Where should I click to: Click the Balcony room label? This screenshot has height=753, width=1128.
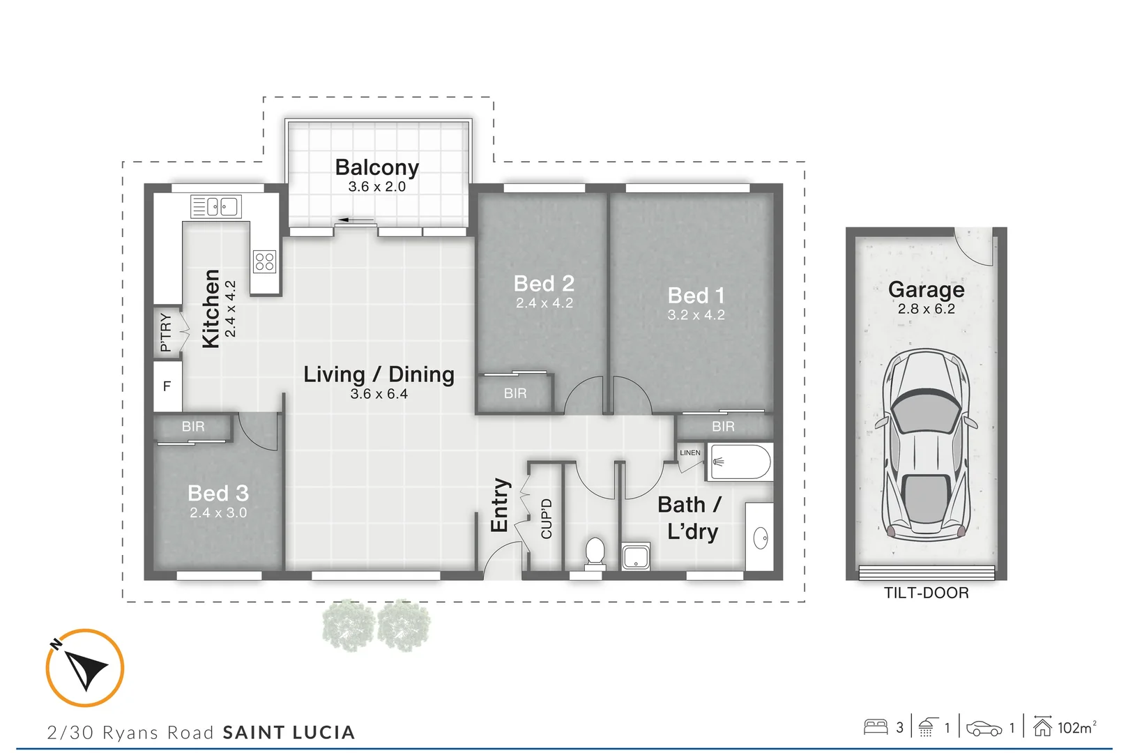click(x=376, y=167)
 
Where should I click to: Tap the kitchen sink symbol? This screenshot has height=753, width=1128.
click(x=216, y=206)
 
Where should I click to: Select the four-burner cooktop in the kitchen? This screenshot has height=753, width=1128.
click(x=265, y=261)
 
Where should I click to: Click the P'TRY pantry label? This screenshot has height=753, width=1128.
click(x=165, y=332)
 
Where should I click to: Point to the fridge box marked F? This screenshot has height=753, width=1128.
click(x=167, y=386)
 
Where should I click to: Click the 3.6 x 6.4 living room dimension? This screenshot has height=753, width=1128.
click(x=379, y=394)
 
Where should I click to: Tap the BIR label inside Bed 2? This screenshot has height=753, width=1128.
click(x=515, y=393)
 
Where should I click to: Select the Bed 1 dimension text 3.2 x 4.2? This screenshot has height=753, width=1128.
click(x=696, y=315)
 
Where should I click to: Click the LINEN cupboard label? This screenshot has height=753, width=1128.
click(x=690, y=452)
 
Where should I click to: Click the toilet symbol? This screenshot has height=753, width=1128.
click(x=595, y=552)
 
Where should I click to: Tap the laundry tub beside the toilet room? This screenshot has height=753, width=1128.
click(x=636, y=557)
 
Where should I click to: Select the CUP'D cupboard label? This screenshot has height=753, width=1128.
click(x=547, y=519)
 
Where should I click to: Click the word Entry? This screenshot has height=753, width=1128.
click(x=500, y=505)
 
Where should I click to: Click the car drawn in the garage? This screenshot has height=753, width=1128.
click(x=926, y=446)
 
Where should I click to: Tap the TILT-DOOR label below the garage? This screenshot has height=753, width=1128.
click(x=926, y=593)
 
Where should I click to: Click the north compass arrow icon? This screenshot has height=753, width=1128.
click(x=85, y=668)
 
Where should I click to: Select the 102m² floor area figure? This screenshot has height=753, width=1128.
click(x=1076, y=728)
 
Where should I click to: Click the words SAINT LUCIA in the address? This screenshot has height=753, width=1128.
click(x=289, y=733)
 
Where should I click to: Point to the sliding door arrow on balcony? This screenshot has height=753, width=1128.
click(x=356, y=221)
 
